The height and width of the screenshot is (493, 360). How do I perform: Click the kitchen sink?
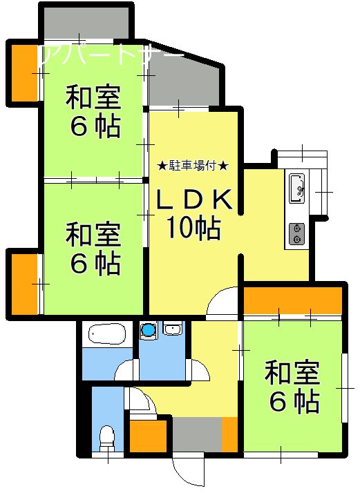click(297, 187)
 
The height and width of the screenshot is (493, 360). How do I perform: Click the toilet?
click(106, 437)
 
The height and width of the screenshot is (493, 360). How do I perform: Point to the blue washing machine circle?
click(148, 331)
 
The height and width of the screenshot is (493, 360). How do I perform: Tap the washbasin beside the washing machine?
click(172, 330)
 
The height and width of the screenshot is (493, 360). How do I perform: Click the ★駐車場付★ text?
click(193, 166)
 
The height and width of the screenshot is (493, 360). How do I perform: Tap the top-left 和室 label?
click(94, 98)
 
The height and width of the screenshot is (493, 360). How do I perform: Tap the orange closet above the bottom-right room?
click(293, 300)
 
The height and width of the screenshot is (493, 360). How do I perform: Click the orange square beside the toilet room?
click(144, 434)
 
